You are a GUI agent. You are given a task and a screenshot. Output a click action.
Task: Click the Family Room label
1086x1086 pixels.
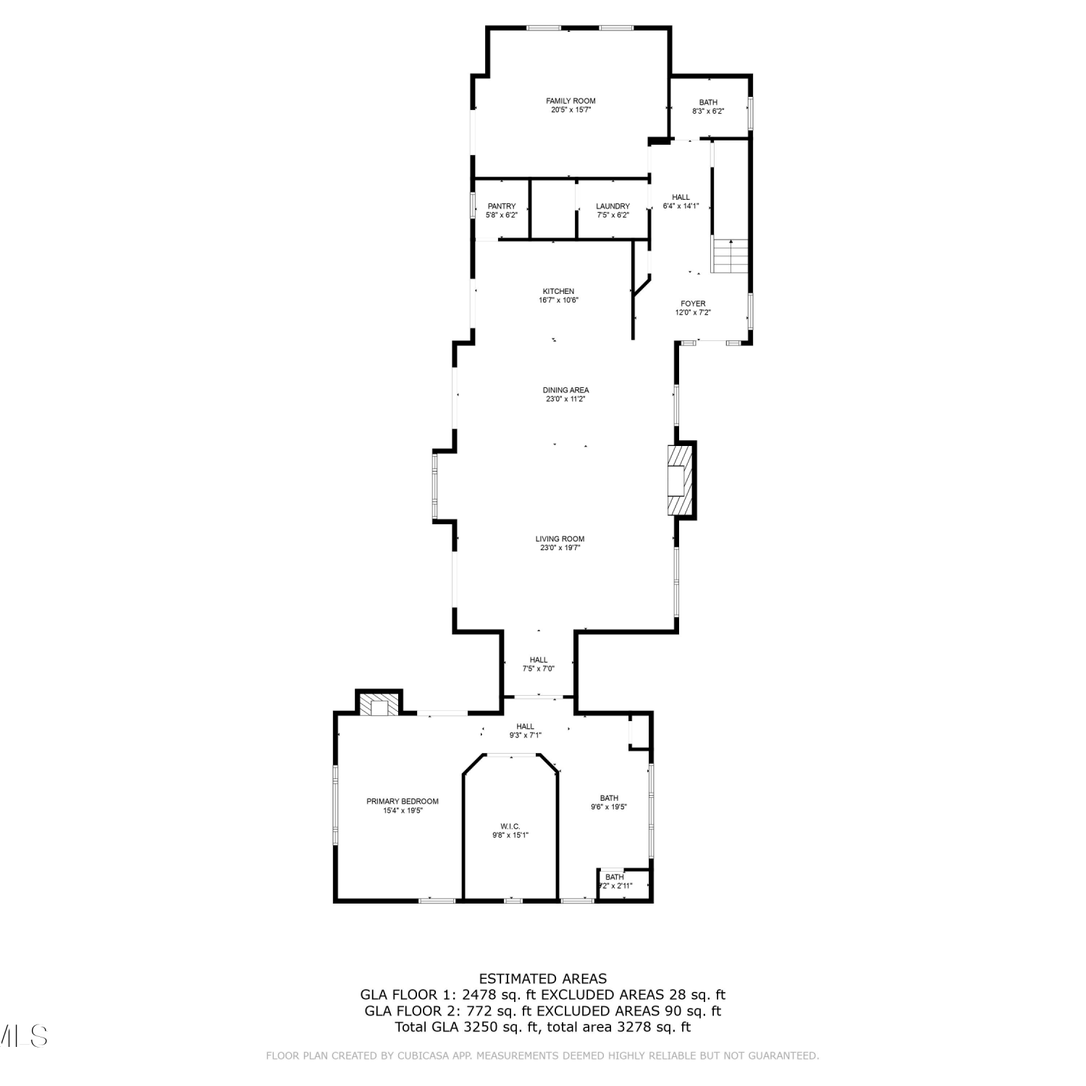pyautogui.click(x=571, y=101)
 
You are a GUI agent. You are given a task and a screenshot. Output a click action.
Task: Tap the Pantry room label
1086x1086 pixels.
pyautogui.click(x=502, y=206)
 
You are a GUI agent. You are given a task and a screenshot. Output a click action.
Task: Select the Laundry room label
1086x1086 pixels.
pyautogui.click(x=613, y=206)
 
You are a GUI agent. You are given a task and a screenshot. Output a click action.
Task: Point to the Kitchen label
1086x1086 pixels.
pyautogui.click(x=558, y=291)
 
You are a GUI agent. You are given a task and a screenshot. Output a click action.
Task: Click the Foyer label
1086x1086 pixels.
pyautogui.click(x=693, y=303)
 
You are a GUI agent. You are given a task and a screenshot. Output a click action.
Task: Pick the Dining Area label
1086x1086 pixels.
pyautogui.click(x=565, y=390)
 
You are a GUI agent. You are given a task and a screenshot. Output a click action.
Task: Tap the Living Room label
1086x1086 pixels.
pyautogui.click(x=560, y=539)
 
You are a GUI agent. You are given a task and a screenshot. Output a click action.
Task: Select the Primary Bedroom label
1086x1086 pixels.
pyautogui.click(x=403, y=801)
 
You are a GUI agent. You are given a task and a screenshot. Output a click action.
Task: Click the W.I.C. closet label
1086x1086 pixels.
pyautogui.click(x=510, y=826)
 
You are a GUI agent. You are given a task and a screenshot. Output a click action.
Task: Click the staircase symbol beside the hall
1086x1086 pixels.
pyautogui.click(x=730, y=256)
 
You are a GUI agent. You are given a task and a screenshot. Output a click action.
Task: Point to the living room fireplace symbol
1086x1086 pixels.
pyautogui.click(x=680, y=480)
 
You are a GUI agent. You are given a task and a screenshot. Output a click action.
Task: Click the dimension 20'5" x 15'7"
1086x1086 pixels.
pyautogui.click(x=571, y=110)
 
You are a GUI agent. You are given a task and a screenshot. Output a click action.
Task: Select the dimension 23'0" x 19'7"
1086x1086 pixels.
pyautogui.click(x=560, y=548)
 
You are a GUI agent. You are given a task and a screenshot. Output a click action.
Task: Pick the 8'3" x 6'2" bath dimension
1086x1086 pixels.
pyautogui.click(x=708, y=111)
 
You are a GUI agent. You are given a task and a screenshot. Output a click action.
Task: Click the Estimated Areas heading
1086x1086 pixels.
pyautogui.click(x=543, y=980)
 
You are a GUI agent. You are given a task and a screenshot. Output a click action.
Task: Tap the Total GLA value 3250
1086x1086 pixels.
pyautogui.click(x=481, y=1027)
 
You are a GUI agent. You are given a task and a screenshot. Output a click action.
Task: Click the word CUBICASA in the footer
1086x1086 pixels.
pyautogui.click(x=421, y=1056)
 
